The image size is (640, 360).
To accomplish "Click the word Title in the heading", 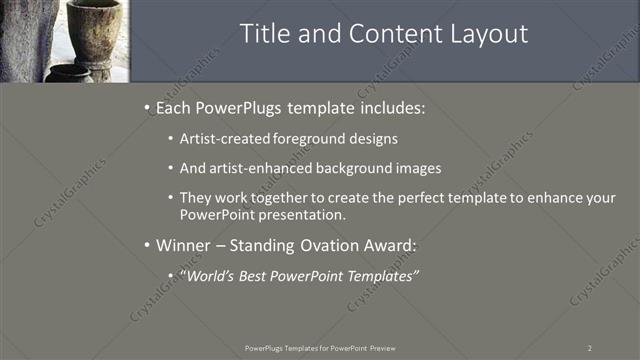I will [x=264, y=34].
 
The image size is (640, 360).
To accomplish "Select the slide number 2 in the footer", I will [x=589, y=348].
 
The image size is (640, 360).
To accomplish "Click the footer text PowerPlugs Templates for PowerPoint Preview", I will [x=320, y=348].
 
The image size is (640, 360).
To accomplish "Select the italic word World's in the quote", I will [x=213, y=275].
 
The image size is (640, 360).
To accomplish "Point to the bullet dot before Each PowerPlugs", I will [x=148, y=107].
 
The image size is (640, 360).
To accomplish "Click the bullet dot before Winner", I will [x=148, y=245].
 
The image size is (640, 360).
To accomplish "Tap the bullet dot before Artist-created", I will [x=172, y=139].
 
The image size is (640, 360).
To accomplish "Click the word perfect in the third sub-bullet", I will [x=434, y=198].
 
